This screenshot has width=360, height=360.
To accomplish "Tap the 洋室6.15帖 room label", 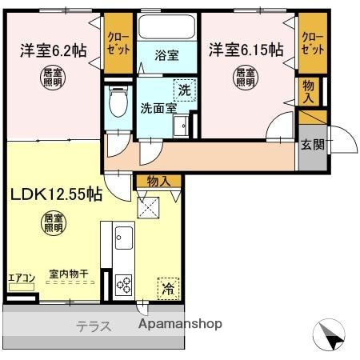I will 246,50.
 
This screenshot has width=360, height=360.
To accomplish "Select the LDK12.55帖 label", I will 55,193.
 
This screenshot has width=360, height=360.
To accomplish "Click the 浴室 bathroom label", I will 166,56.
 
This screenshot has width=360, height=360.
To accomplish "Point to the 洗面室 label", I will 158,106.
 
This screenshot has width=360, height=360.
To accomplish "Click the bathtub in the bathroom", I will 166,28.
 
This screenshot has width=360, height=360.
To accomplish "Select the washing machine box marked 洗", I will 183,91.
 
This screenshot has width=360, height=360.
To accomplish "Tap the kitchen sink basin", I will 125,237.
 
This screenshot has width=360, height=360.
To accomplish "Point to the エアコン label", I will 22,278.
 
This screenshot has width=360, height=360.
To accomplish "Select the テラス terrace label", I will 94,326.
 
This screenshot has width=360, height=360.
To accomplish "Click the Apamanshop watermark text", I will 180,325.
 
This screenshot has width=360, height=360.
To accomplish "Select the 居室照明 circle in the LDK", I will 53,223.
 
